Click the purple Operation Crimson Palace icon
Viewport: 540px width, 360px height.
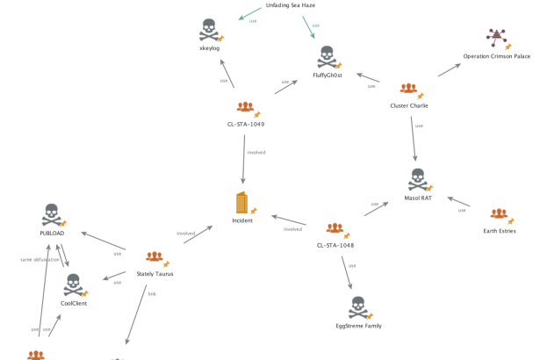pyautogui.click(x=496, y=38)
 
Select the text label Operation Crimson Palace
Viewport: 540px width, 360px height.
pyautogui.click(x=497, y=56)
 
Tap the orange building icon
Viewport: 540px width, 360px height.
pyautogui.click(x=241, y=203)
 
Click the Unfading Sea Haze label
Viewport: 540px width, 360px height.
pyautogui.click(x=290, y=5)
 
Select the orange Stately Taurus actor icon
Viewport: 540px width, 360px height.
pyautogui.click(x=154, y=257)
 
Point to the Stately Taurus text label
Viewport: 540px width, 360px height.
pyautogui.click(x=155, y=274)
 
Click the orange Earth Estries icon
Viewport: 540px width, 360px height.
pyautogui.click(x=498, y=214)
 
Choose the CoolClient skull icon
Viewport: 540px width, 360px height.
pyautogui.click(x=73, y=284)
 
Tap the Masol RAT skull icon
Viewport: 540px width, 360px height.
pyautogui.click(x=418, y=180)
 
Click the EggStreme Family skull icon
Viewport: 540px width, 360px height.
pyautogui.click(x=357, y=307)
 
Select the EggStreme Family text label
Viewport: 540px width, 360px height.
pyautogui.click(x=358, y=326)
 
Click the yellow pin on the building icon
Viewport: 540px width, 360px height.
pyautogui.click(x=254, y=211)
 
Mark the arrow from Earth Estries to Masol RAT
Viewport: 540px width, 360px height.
pyautogui.click(x=459, y=203)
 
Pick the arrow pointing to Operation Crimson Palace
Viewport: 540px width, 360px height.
pyautogui.click(x=449, y=69)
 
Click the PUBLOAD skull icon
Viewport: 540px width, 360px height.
pyautogui.click(x=51, y=215)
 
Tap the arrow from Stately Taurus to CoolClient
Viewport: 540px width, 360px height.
pyautogui.click(x=114, y=279)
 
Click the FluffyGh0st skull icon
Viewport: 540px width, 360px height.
pyautogui.click(x=326, y=57)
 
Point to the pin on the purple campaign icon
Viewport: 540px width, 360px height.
pyautogui.click(x=508, y=45)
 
